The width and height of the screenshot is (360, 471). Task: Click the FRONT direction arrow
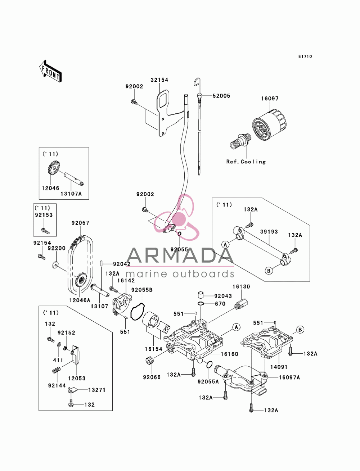pos(50,71)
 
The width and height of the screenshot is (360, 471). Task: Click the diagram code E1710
pos(305,56)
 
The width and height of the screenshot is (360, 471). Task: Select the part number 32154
pos(159,80)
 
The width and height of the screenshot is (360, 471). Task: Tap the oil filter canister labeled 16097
pos(269,125)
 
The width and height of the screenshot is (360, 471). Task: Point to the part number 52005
pos(221,96)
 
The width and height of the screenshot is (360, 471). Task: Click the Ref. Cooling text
pos(246,162)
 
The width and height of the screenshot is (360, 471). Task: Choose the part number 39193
pos(269,232)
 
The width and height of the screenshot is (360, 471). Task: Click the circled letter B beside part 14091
pos(300,329)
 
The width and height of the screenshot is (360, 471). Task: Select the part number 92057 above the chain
pos(80,223)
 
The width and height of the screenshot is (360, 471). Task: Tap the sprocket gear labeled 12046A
pos(81,280)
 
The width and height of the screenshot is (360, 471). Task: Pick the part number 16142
pos(126,280)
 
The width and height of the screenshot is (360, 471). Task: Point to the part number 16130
pos(242,287)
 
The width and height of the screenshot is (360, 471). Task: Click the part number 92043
pos(223,296)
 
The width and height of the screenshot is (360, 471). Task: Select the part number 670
pos(220,304)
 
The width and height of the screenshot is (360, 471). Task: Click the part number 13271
pos(97,390)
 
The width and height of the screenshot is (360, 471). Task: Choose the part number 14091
pos(279,367)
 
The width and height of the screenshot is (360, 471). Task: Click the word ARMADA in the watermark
pos(180,255)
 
